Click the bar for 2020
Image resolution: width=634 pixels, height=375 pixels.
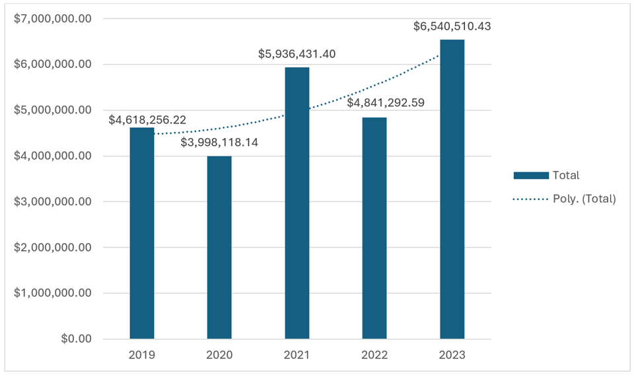(x=219, y=248)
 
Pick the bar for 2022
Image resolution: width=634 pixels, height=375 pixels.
(x=374, y=228)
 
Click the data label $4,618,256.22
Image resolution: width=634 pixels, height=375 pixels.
(x=148, y=120)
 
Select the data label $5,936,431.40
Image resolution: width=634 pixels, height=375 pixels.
(x=297, y=53)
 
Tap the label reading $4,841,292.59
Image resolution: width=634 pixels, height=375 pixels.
(x=386, y=102)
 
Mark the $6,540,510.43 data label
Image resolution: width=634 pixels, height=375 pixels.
(x=452, y=26)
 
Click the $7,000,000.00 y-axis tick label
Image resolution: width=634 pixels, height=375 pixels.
(x=53, y=18)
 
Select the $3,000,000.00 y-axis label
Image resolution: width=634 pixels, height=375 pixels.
(x=53, y=201)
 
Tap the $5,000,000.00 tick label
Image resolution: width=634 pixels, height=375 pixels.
(x=53, y=110)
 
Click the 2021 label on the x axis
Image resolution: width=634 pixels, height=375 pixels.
(x=297, y=355)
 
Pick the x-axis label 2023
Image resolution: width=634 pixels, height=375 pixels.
(x=452, y=355)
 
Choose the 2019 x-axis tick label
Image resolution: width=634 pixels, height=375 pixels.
(x=142, y=355)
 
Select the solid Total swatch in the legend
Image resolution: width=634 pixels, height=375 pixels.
(x=531, y=176)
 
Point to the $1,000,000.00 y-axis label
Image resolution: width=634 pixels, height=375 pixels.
(x=53, y=293)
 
